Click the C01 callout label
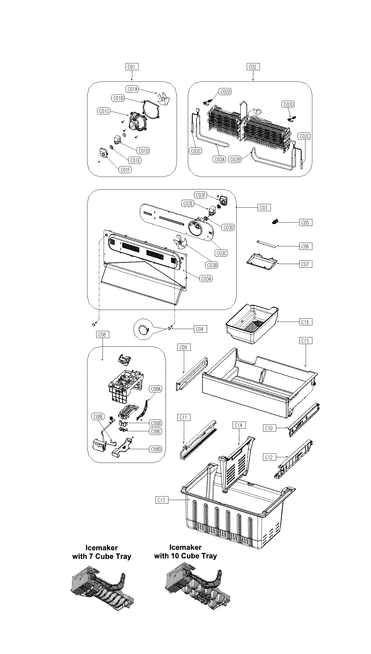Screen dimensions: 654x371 click(x=132, y=67)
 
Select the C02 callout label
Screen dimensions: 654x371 click(x=253, y=67)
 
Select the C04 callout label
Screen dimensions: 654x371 click(x=200, y=329)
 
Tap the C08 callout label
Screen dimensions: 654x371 click(x=102, y=335)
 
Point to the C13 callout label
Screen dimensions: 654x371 click(x=162, y=500)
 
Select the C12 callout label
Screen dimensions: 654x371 click(x=269, y=457)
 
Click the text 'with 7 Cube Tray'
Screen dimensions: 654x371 click(x=102, y=556)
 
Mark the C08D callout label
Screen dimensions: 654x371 click(x=155, y=449)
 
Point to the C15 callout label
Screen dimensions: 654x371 click(x=305, y=341)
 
